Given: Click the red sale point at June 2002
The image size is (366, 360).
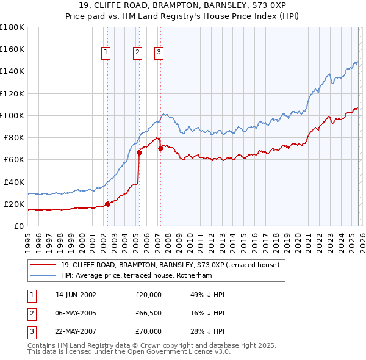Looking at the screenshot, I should click(108, 204).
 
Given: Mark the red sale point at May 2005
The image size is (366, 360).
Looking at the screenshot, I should click(139, 153).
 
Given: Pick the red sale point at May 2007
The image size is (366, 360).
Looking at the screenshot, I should click(160, 148).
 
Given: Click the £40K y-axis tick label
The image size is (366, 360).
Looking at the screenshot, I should click(14, 182).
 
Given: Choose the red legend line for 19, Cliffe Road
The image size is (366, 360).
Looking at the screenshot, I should click(43, 265).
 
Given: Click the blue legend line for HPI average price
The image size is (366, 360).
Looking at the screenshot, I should click(43, 275).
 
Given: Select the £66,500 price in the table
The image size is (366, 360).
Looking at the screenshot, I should click(149, 313).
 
